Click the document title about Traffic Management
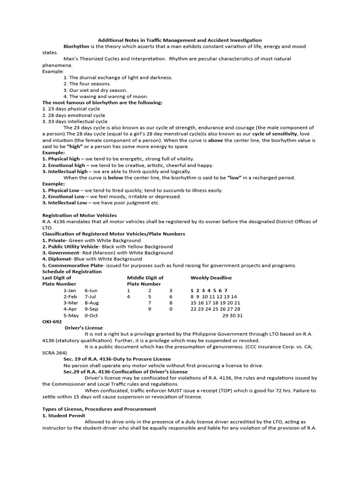tap(180, 40)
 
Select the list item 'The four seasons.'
tap(87, 84)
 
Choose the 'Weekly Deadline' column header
tap(211, 278)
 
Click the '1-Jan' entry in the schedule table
tap(69, 291)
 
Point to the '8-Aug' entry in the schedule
tap(92, 303)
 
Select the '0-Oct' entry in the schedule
tap(91, 315)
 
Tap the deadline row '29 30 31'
tap(232, 315)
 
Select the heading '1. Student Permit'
tap(64, 416)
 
